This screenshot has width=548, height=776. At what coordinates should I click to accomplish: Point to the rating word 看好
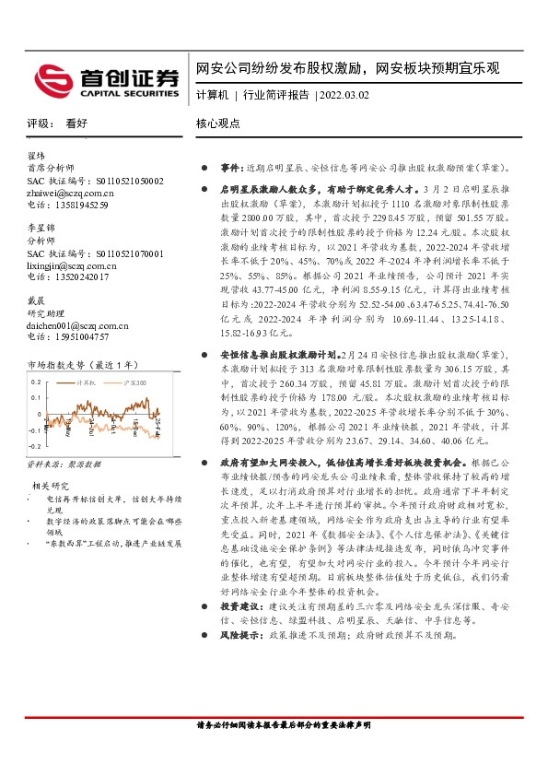point(76,123)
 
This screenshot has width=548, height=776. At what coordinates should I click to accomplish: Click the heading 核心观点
point(217,123)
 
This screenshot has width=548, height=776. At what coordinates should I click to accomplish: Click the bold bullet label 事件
point(229,169)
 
